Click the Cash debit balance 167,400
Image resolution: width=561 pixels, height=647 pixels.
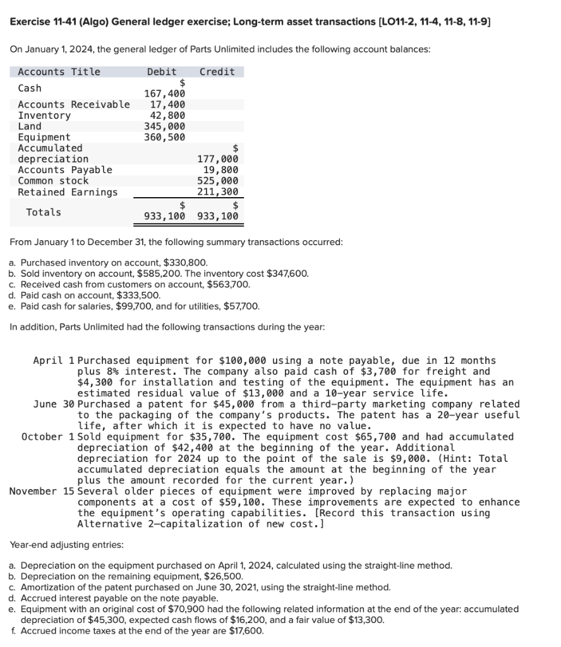[x=165, y=94]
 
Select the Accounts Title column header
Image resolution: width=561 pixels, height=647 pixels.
[x=59, y=71]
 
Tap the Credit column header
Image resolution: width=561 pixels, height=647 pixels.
[x=217, y=71]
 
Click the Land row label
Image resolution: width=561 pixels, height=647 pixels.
[x=30, y=126]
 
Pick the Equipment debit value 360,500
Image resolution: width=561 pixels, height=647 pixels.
[x=165, y=137]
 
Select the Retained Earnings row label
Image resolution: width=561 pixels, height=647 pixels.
[x=68, y=192]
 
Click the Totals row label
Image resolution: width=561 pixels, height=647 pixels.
[x=44, y=212]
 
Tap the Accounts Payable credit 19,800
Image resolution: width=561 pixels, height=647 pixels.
[x=220, y=170]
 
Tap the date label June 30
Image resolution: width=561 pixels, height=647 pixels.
[x=53, y=404]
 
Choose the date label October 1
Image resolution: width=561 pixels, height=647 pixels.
[x=47, y=437]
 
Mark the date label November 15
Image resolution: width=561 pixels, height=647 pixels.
[x=42, y=491]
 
